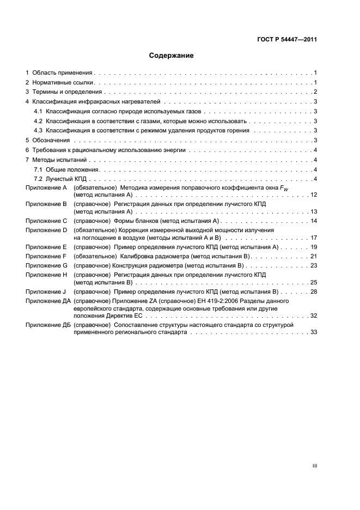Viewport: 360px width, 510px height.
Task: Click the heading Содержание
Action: click(x=172, y=56)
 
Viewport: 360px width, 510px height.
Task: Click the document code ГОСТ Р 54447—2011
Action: click(x=287, y=39)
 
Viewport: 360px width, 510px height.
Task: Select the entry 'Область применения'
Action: click(x=62, y=72)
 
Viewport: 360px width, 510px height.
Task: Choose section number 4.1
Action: click(x=38, y=112)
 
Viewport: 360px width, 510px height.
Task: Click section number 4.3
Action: click(x=38, y=131)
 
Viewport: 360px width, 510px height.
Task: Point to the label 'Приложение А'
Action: click(x=46, y=188)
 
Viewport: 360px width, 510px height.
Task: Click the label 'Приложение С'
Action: click(x=46, y=221)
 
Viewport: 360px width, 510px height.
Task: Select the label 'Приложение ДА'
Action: click(x=48, y=301)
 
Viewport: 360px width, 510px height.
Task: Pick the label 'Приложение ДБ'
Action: click(x=48, y=325)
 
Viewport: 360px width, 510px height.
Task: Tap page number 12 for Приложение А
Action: click(x=313, y=195)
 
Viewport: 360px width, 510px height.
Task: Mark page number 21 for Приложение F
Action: click(x=313, y=256)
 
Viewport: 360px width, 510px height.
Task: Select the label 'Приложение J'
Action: click(x=46, y=292)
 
